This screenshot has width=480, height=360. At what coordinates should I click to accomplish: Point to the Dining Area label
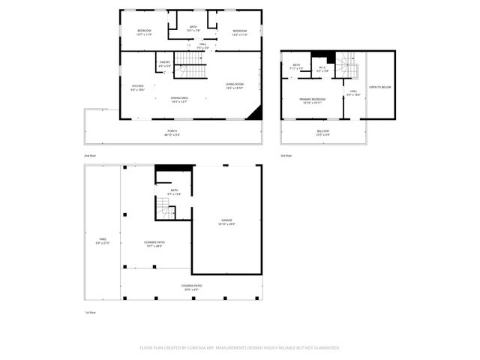pos(179,99)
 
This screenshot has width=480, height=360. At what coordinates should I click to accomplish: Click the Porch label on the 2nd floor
pos(172,133)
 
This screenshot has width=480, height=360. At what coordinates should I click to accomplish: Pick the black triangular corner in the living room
pos(256,112)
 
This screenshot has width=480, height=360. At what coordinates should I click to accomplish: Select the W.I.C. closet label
pos(321,69)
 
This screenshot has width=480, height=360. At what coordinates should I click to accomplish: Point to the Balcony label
pos(322,133)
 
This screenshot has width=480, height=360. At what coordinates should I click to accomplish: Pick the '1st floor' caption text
pos(90,312)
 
